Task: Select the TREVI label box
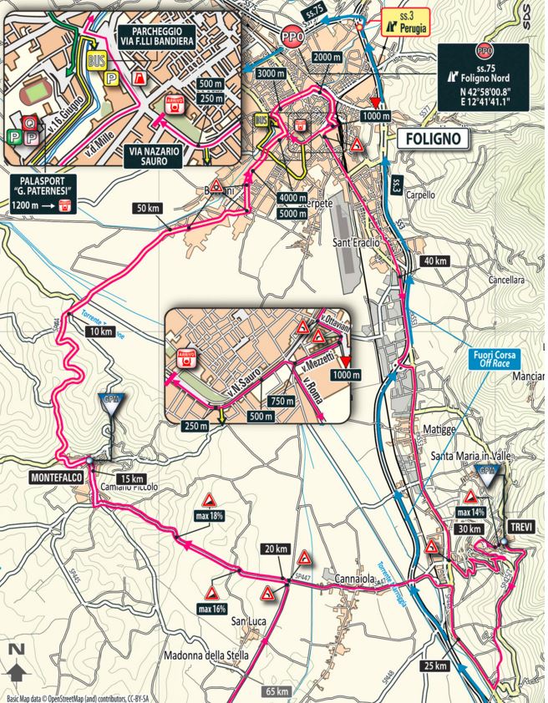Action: point(520,528)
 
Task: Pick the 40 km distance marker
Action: point(435,261)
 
